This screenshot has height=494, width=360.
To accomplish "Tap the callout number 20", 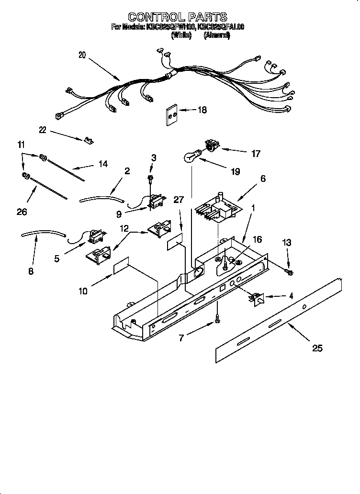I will click(x=82, y=55).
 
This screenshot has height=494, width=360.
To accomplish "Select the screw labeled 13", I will click(x=289, y=272).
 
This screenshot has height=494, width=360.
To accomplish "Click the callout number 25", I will click(x=317, y=348).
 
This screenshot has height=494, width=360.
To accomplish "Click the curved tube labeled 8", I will click(x=43, y=234).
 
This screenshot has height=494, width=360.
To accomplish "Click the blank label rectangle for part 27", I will click(x=176, y=242).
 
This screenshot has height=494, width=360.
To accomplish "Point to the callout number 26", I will click(x=22, y=211).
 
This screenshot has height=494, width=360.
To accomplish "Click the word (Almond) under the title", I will click(x=216, y=35).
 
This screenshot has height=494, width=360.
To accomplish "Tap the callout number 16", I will click(x=257, y=239).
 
